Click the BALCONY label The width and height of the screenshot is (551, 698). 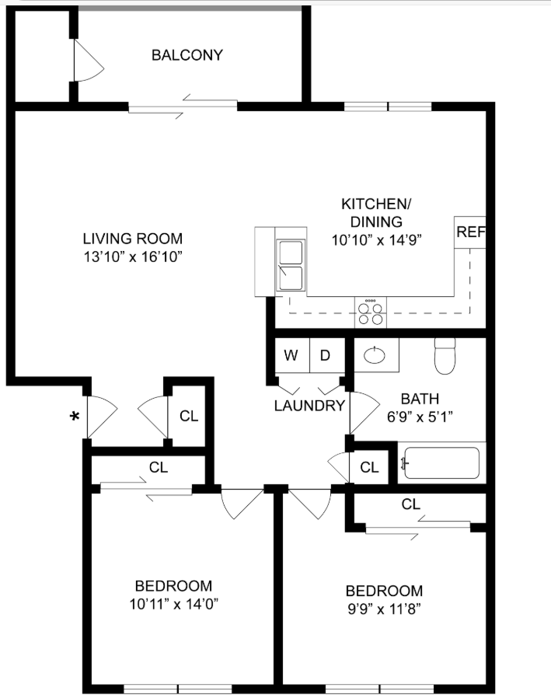tap(187, 55)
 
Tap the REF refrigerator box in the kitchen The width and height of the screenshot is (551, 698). tap(470, 232)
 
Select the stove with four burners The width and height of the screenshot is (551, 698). tap(371, 312)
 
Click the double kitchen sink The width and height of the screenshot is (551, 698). tap(291, 266)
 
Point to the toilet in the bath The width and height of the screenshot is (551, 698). tap(445, 358)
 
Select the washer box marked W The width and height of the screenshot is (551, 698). tap(291, 356)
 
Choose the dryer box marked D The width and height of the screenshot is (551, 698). tap(326, 356)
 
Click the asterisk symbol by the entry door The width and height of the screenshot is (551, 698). tap(75, 417)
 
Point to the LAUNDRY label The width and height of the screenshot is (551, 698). tap(309, 406)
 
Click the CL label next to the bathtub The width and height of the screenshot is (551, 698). tap(369, 467)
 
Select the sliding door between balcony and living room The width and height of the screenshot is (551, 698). tap(183, 106)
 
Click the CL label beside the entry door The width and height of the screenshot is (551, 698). tap(189, 416)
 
